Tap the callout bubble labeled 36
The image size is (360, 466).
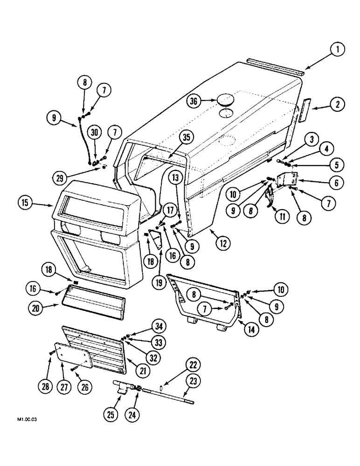point(196,101)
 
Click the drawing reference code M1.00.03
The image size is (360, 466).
point(28,419)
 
